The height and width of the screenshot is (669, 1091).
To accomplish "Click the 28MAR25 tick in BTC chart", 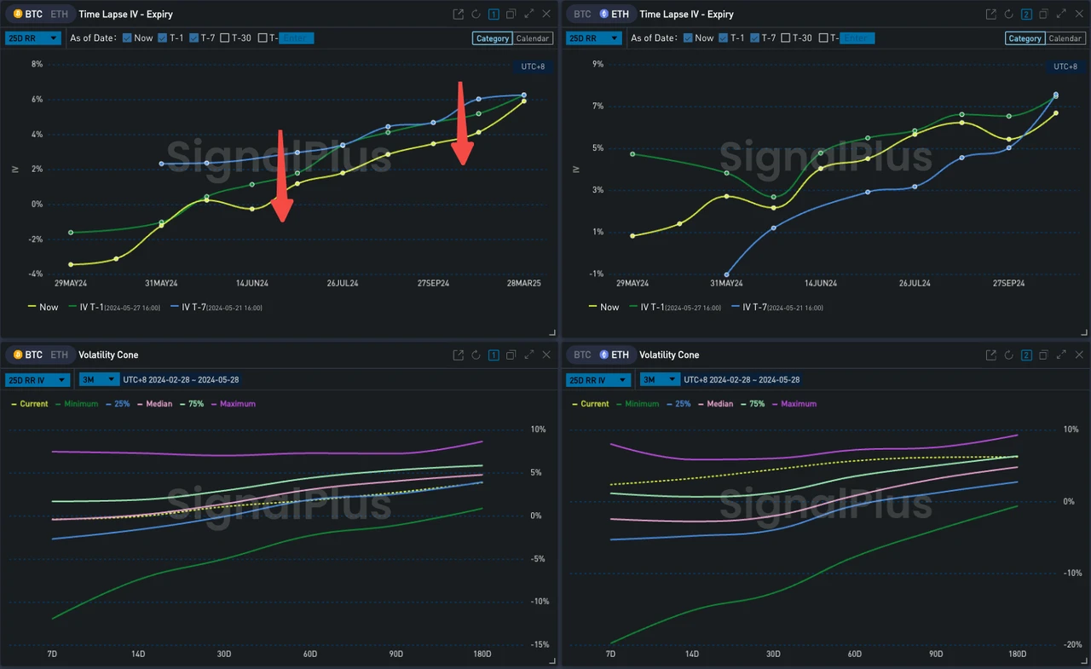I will [523, 283].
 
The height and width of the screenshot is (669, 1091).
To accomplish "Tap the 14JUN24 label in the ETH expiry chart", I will [820, 283].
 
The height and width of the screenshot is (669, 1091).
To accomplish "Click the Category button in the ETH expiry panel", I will [1025, 38].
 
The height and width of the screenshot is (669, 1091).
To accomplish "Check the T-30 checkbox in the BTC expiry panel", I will [225, 38].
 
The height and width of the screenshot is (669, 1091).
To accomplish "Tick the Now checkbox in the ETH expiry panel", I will [688, 38].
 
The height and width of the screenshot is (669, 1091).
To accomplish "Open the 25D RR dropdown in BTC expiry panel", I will [33, 38].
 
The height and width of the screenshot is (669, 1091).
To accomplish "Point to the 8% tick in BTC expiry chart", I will [37, 64].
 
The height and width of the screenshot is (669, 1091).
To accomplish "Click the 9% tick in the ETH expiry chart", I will [597, 64].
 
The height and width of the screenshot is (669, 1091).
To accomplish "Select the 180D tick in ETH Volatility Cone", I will [1017, 654].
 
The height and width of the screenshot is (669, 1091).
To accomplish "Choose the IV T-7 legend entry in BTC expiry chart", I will [215, 307].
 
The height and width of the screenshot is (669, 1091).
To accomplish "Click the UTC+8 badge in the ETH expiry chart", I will [1065, 66].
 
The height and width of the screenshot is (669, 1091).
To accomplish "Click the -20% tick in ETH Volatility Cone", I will [1071, 644].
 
